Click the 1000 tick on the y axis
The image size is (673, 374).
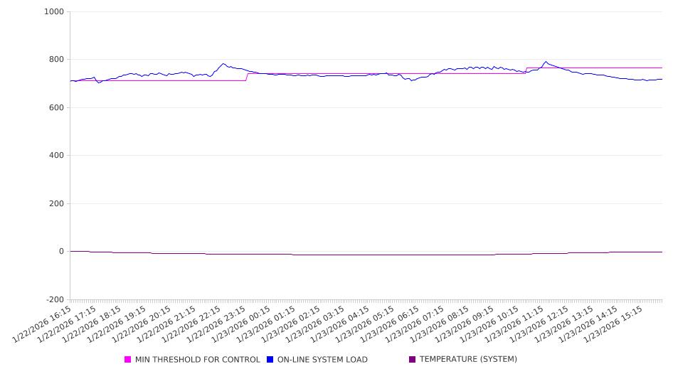pyautogui.click(x=54, y=12)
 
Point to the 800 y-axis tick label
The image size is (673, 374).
pyautogui.click(x=56, y=60)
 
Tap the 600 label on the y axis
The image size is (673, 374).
pyautogui.click(x=56, y=108)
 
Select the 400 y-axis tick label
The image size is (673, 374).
pyautogui.click(x=56, y=156)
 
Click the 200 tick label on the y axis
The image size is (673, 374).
pyautogui.click(x=56, y=204)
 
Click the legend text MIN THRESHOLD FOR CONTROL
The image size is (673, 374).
pyautogui.click(x=197, y=360)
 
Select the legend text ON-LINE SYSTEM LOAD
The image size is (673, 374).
pyautogui.click(x=322, y=360)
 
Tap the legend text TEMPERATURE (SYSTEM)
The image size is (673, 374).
pyautogui.click(x=468, y=360)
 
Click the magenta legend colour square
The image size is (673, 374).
pyautogui.click(x=128, y=360)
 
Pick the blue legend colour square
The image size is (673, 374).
pyautogui.click(x=270, y=360)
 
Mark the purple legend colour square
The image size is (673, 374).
pyautogui.click(x=413, y=360)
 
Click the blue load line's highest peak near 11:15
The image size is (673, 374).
pyautogui.click(x=546, y=61)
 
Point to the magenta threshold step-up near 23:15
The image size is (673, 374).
pyautogui.click(x=247, y=77)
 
